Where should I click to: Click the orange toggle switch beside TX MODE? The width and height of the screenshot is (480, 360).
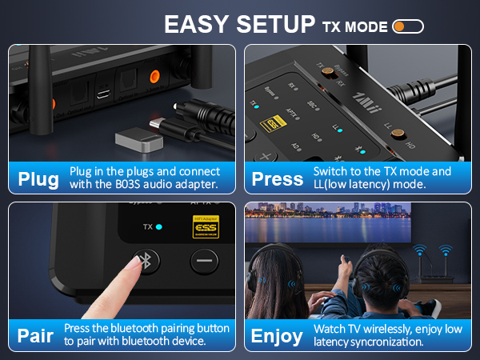[408, 26]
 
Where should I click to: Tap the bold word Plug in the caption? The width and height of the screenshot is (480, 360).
[38, 178]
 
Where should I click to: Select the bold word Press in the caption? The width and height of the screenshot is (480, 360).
[277, 178]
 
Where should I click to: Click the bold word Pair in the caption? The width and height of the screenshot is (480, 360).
[35, 334]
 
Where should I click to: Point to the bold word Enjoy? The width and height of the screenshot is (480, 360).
[277, 335]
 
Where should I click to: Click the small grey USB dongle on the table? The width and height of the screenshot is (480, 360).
[135, 142]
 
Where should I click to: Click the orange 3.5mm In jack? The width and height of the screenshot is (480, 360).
[157, 78]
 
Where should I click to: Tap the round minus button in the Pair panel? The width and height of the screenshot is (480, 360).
[205, 261]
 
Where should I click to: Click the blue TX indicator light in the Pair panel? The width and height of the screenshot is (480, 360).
[158, 227]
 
